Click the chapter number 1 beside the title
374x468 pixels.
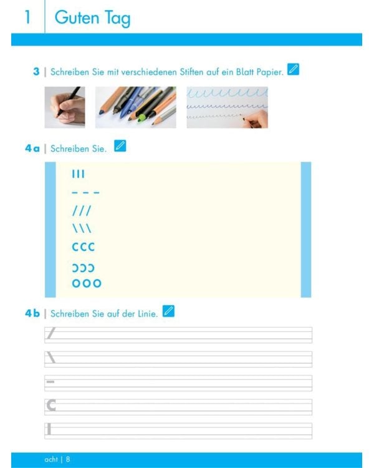coord(27,17)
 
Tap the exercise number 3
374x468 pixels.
coord(36,72)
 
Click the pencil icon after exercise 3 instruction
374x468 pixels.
coord(293,69)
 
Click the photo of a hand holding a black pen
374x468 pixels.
coord(65,107)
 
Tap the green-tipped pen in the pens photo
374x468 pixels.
coord(141,117)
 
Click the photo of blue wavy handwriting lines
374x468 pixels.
coord(228,107)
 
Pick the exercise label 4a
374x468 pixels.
coord(32,149)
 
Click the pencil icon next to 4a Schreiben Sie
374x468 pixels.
coord(120,146)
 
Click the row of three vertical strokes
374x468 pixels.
coord(79,173)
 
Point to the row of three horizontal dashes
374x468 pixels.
coord(85,193)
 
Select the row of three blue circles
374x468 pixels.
coord(87,283)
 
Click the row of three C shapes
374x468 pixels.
coord(84,247)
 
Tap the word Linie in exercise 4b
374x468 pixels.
coord(147,314)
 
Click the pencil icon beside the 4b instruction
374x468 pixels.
coord(168,311)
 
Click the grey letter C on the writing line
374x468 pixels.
coord(51,406)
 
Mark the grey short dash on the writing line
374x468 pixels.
coord(50,382)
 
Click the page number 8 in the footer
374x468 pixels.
coord(68,459)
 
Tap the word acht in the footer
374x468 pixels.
coord(51,459)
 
